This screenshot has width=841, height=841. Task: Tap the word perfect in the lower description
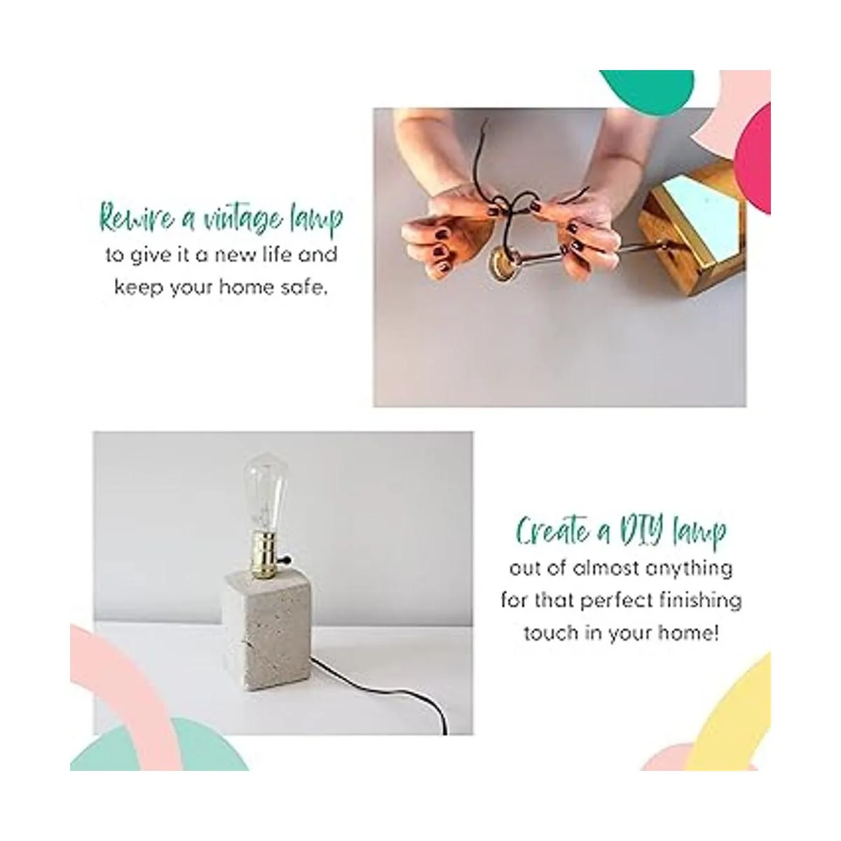pyautogui.click(x=614, y=601)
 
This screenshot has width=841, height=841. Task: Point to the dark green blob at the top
pyautogui.click(x=647, y=90)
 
